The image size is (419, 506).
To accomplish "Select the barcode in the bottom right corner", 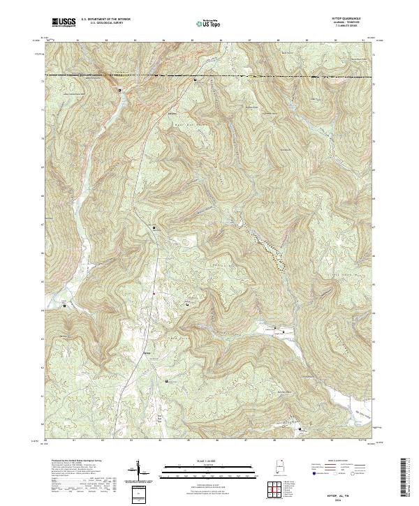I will pos(408,479).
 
